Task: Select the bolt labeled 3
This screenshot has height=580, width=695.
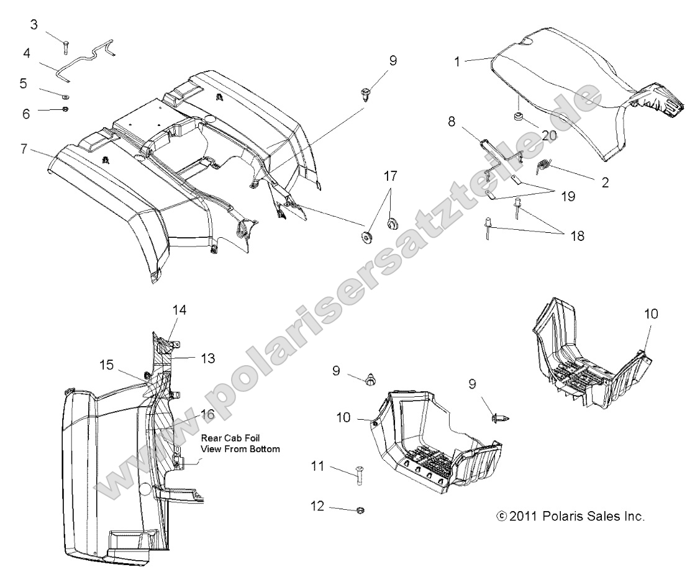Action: (66, 45)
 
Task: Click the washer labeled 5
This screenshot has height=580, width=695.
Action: (66, 96)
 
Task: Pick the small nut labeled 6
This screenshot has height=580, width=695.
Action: (66, 110)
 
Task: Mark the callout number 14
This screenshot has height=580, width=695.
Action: (179, 309)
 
